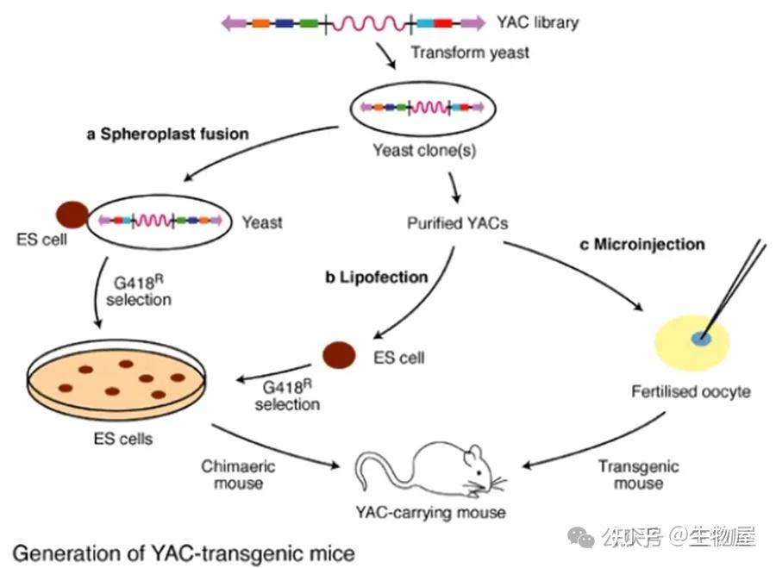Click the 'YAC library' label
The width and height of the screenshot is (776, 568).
click(x=537, y=22)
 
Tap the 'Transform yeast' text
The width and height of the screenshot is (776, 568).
click(x=470, y=53)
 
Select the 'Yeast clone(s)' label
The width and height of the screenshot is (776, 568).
click(x=424, y=150)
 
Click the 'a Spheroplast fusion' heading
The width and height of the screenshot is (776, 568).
click(x=168, y=134)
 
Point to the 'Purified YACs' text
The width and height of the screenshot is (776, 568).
click(x=458, y=223)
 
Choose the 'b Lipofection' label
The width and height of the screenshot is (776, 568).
click(x=377, y=277)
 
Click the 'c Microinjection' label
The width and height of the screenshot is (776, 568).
click(x=642, y=245)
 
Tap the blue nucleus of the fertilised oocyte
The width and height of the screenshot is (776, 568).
click(x=701, y=339)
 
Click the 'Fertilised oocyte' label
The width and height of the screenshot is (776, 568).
click(x=691, y=392)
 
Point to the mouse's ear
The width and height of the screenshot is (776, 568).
click(x=474, y=453)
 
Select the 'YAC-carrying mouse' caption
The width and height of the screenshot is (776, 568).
click(x=430, y=513)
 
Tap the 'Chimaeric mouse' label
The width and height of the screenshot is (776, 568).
click(x=238, y=475)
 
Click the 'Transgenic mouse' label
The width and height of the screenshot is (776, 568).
click(x=638, y=475)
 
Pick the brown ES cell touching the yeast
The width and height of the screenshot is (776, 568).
click(x=72, y=215)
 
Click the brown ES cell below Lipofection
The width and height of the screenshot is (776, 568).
click(x=339, y=355)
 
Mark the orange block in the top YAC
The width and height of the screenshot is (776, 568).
click(x=260, y=22)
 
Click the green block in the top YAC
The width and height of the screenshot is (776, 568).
click(x=309, y=22)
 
